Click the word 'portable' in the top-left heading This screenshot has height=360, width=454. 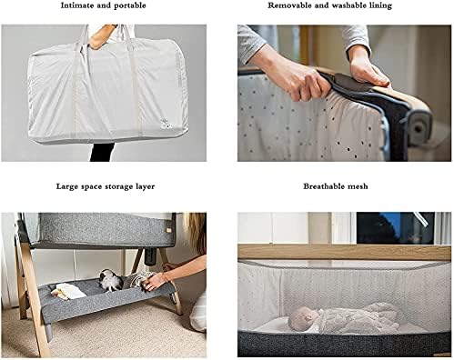(x=131, y=5)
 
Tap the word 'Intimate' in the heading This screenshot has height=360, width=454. (x=76, y=5)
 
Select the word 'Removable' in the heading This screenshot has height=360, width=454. (x=286, y=5)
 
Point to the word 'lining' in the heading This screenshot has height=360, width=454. (x=381, y=5)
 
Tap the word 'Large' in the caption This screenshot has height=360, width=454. (x=66, y=186)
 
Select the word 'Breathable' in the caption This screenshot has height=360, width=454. (x=324, y=186)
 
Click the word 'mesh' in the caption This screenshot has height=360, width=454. (x=358, y=186)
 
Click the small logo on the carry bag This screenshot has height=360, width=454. (x=165, y=125)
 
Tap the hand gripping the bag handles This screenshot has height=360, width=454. (x=101, y=36)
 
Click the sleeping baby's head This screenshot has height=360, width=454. (x=303, y=318)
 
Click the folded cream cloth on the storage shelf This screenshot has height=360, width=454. (x=68, y=291)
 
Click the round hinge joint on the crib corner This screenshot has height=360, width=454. (x=419, y=127)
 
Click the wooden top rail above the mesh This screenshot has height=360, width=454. (x=344, y=253)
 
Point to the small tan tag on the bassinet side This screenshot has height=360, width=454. (x=167, y=231)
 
